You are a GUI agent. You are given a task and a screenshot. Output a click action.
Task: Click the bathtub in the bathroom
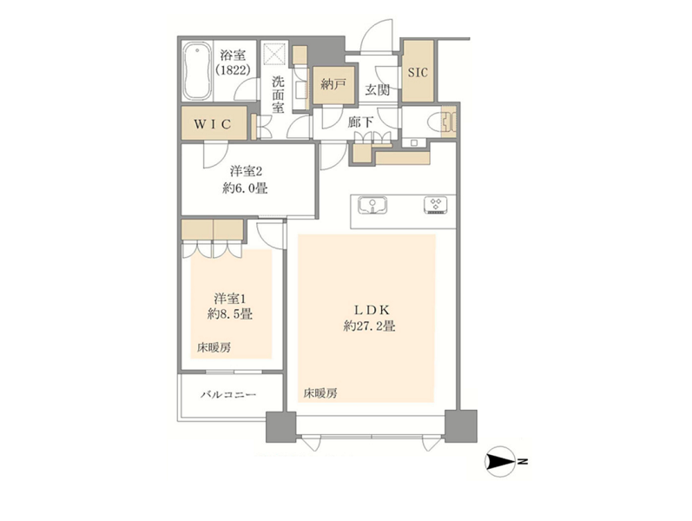click(x=197, y=71)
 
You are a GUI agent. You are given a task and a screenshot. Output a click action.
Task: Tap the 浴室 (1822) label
click(x=233, y=63)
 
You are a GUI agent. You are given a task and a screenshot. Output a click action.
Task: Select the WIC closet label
click(x=213, y=124)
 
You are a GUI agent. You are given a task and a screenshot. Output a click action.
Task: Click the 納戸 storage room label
click(x=333, y=84)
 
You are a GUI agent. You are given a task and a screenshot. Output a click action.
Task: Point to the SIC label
click(x=418, y=72)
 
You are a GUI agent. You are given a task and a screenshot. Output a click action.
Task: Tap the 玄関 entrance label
click(x=378, y=90)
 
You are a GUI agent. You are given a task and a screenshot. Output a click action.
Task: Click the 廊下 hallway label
click(x=360, y=122)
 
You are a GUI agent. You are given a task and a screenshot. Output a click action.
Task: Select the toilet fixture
click(x=445, y=122)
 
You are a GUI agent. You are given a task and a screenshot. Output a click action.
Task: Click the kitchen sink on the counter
click(x=372, y=205)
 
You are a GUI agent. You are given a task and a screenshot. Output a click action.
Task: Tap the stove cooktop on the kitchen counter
click(x=436, y=205)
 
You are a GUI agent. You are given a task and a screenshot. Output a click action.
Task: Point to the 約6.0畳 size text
click(x=245, y=188)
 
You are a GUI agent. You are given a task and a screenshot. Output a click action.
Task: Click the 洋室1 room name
click(x=229, y=299)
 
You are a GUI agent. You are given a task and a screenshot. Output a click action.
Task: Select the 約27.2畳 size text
click(x=369, y=326)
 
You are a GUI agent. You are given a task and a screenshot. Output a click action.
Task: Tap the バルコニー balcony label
click(x=228, y=394)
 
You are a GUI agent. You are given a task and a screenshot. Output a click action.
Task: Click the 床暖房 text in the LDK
click(x=320, y=393)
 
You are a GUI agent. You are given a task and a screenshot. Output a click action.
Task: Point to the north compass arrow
click(x=500, y=462)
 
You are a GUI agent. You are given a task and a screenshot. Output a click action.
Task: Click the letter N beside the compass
click(x=524, y=462)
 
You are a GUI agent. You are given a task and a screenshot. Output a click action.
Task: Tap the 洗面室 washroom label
click(x=278, y=95)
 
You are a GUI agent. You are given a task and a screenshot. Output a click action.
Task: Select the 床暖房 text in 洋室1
click(x=214, y=347)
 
